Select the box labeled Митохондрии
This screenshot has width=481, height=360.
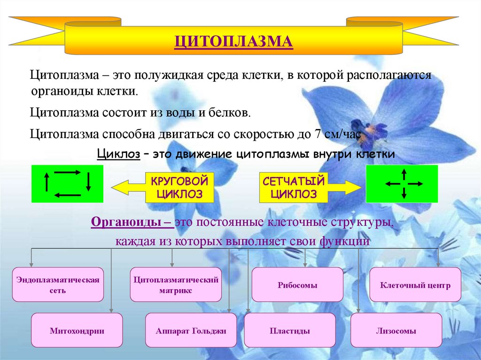[x=77, y=330]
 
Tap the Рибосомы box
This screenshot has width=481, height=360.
[x=297, y=285]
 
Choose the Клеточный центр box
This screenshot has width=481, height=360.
[x=415, y=285]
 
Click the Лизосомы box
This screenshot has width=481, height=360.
[x=396, y=330]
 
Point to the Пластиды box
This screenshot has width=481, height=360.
[x=290, y=330]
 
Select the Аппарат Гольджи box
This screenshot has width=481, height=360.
[x=191, y=330]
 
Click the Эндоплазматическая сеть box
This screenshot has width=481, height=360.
[x=58, y=285]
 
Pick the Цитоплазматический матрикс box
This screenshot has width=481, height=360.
[x=176, y=285]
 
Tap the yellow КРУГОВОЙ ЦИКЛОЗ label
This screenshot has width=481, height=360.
[x=179, y=187]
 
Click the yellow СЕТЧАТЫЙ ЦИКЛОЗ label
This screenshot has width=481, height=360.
[x=294, y=187]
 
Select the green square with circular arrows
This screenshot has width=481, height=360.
[x=67, y=184]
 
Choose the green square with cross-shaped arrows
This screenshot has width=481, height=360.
[x=402, y=184]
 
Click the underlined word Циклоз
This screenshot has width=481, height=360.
[x=118, y=154]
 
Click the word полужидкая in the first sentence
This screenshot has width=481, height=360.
[x=164, y=75]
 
